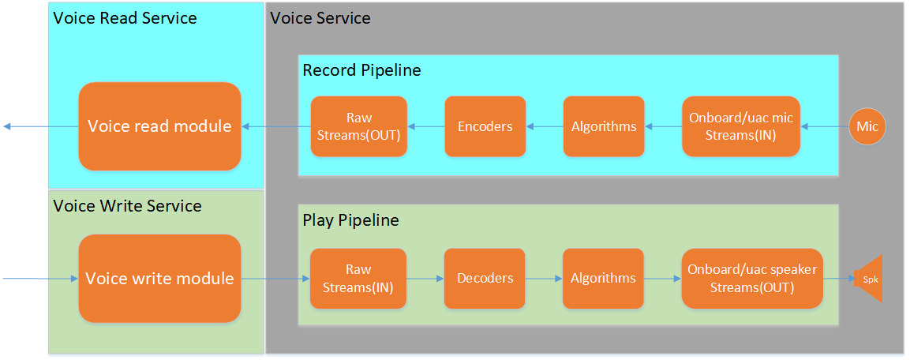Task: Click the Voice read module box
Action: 159,126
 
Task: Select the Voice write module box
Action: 159,278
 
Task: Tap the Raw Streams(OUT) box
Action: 359,126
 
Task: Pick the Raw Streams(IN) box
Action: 358,278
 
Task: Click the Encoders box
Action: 485,126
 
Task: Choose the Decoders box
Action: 485,278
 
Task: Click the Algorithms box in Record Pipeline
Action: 603,126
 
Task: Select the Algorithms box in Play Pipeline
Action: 603,278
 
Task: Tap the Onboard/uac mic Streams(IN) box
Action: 740,126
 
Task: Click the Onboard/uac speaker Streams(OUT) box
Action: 751,278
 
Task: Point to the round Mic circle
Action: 867,126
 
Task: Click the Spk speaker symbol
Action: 868,279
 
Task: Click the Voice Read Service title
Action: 125,18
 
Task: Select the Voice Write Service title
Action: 127,206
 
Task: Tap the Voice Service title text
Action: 320,18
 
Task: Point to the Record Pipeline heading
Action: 361,70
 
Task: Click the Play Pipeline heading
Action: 350,220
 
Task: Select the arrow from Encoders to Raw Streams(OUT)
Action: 426,126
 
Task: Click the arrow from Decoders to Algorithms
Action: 544,278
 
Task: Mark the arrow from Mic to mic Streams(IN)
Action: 825,126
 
